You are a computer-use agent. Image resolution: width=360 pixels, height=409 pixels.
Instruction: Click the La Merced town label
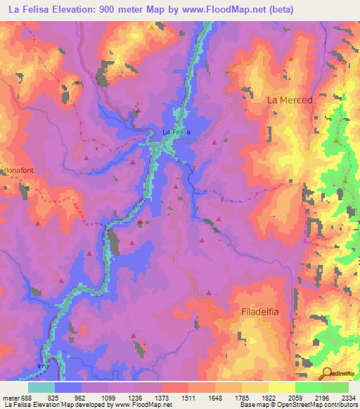(x=290, y=100)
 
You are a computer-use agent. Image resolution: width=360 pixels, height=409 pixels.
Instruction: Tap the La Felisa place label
(x=176, y=131)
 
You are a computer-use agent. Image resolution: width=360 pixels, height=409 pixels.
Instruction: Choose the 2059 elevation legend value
(x=294, y=397)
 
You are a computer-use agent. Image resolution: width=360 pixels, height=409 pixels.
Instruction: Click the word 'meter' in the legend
(x=11, y=397)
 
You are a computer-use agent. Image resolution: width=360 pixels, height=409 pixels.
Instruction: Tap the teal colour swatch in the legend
(x=41, y=387)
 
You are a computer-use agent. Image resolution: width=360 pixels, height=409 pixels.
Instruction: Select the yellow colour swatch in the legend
(x=281, y=387)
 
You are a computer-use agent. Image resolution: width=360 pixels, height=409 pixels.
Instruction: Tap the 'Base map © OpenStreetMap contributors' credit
(x=298, y=405)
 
